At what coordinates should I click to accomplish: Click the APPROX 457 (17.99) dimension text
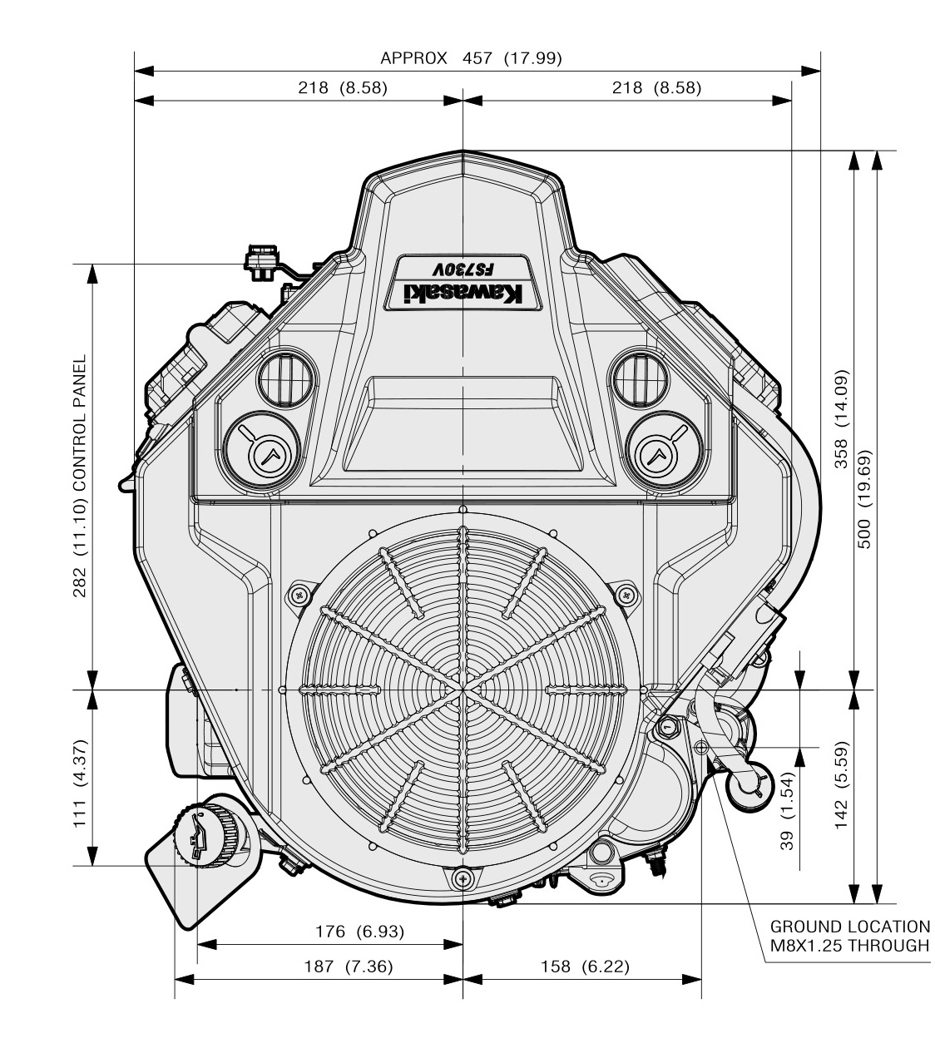click(x=471, y=58)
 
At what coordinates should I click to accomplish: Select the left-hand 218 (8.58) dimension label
click(x=343, y=87)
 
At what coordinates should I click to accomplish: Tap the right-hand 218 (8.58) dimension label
click(x=656, y=87)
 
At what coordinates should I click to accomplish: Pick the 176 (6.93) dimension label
click(x=360, y=932)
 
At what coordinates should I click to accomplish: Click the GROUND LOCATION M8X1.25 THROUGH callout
click(x=848, y=936)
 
